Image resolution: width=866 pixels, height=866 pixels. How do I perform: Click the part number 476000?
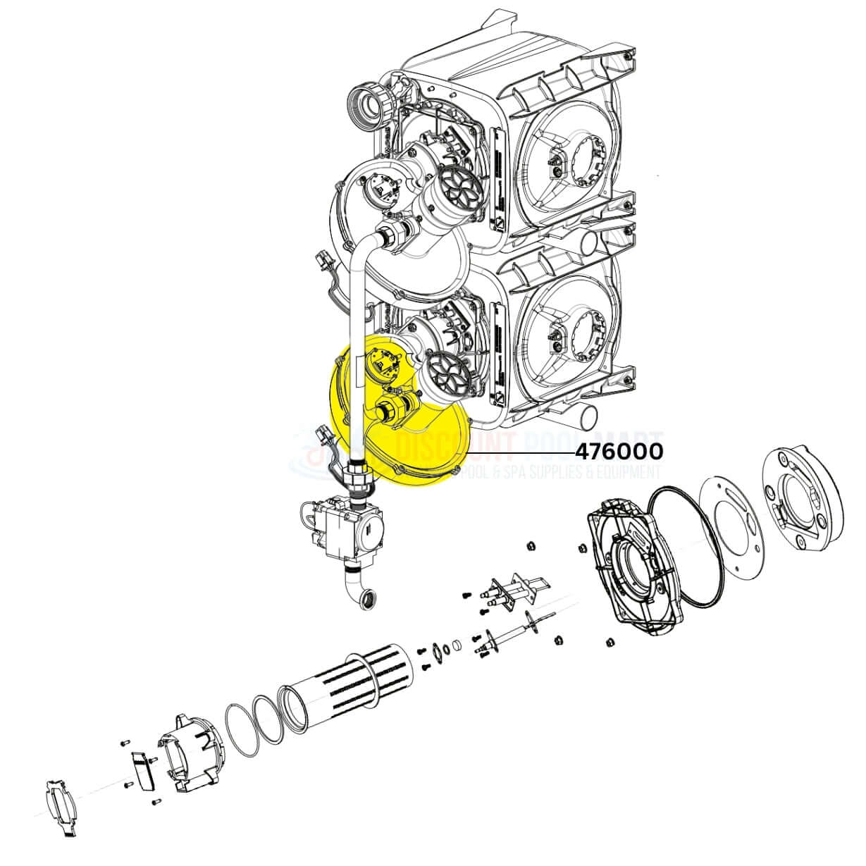(x=619, y=451)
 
